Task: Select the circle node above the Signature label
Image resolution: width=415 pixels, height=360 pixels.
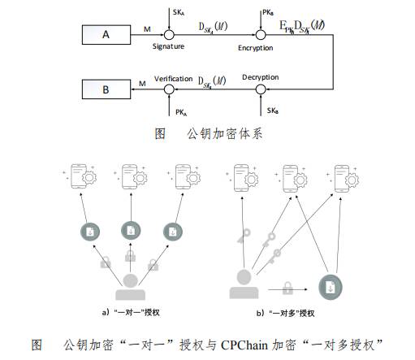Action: coord(169,35)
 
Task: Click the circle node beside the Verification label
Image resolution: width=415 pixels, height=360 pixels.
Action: coord(169,87)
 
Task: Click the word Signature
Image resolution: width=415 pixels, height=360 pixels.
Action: coord(169,48)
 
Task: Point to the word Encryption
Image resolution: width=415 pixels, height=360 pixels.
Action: coord(256,48)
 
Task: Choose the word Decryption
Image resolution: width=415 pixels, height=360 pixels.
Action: coord(260,76)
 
